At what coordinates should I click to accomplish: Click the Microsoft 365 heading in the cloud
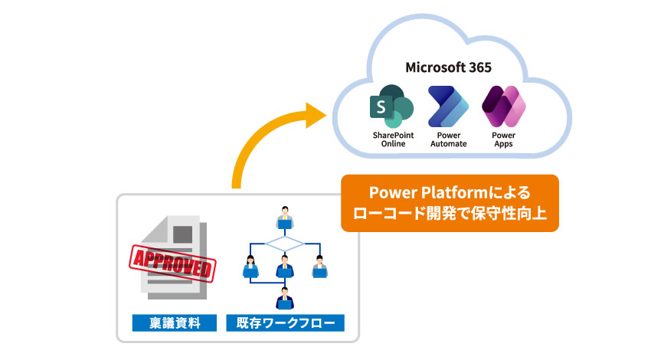pyautogui.click(x=450, y=68)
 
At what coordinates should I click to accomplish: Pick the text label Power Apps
pyautogui.click(x=503, y=139)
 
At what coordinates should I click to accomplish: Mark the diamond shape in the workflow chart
pyautogui.click(x=285, y=244)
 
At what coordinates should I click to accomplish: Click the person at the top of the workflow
pyautogui.click(x=285, y=218)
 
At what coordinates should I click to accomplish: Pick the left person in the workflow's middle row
pyautogui.click(x=250, y=267)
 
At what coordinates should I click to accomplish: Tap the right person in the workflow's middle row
pyautogui.click(x=320, y=267)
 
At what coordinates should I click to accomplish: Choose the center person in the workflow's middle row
pyautogui.click(x=285, y=267)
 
